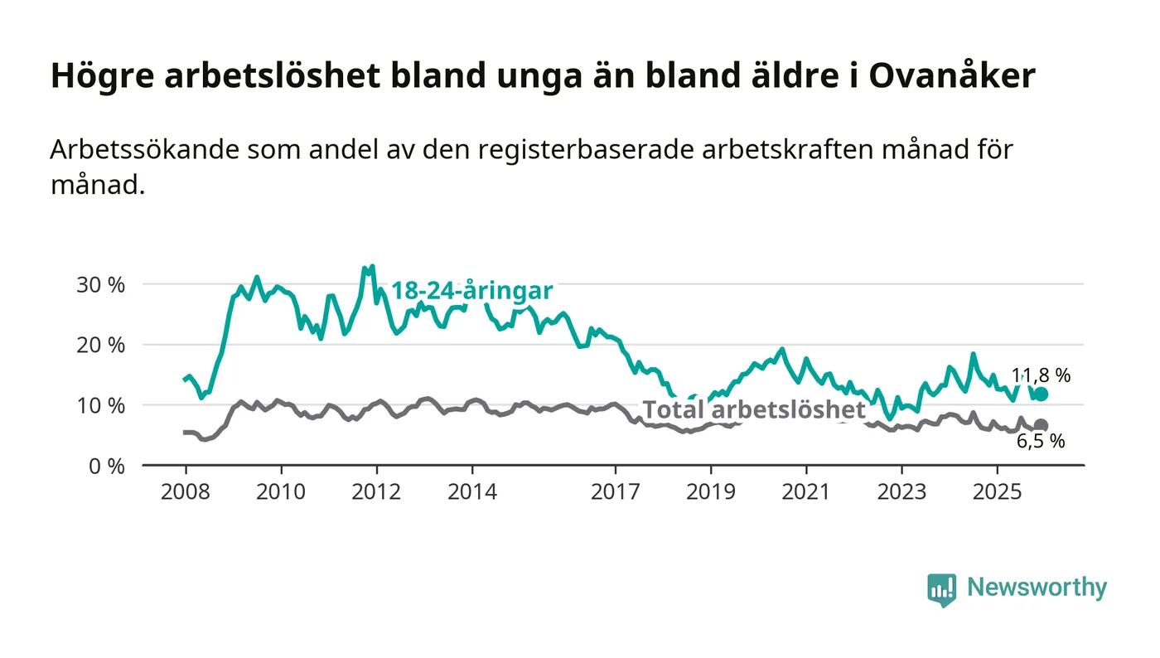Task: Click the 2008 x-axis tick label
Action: click(185, 491)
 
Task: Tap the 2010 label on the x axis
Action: click(281, 491)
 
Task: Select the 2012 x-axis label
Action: click(377, 491)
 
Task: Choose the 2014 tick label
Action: click(472, 491)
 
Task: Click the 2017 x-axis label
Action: click(616, 491)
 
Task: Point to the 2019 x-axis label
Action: click(711, 491)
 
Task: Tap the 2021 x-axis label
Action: click(807, 491)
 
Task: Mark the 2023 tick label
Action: click(902, 491)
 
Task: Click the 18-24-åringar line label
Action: click(471, 291)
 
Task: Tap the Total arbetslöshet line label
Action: click(754, 409)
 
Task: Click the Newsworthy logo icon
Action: click(941, 589)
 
